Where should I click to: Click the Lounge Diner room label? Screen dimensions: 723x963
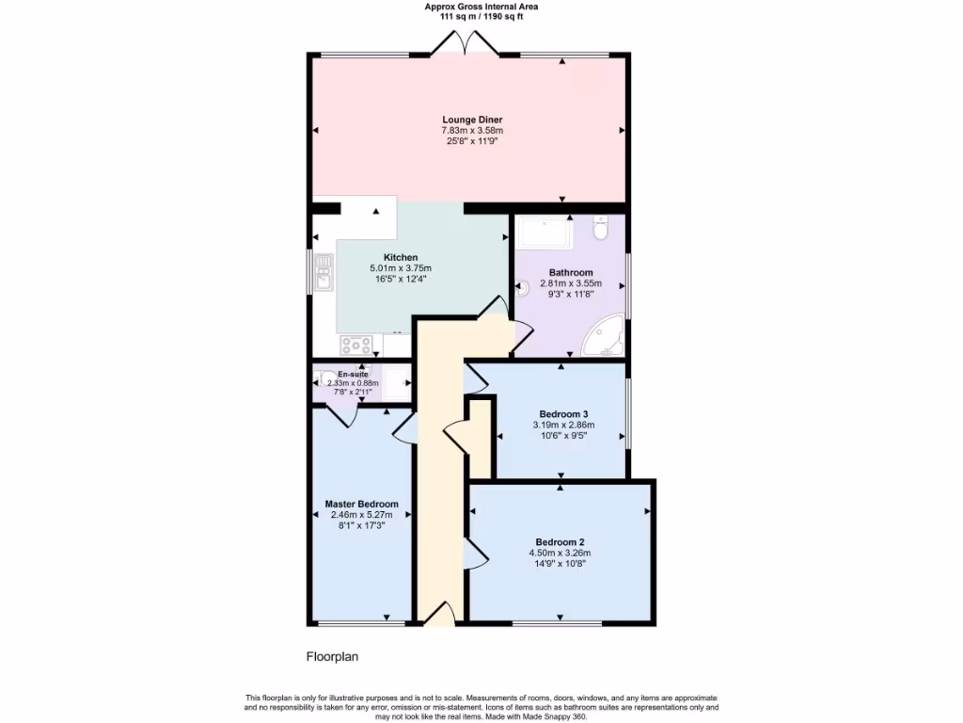coord(472,120)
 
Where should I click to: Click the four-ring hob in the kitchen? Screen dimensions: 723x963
coord(355,345)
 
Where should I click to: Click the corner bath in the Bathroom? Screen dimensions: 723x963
coord(603,337)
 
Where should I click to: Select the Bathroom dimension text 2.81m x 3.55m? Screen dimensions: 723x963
coord(571,282)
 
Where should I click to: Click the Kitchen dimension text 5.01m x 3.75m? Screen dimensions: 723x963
coord(400,267)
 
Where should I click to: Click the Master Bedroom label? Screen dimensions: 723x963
coord(361,504)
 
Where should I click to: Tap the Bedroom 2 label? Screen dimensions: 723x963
coord(560,541)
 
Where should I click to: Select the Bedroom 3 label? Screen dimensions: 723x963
coord(563,413)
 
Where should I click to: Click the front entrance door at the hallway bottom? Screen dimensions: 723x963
coord(438,616)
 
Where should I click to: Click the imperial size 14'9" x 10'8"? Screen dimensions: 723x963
coord(560,564)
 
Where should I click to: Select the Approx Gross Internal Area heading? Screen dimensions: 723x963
coord(481,7)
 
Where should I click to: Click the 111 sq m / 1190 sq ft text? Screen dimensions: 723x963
coord(481,16)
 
